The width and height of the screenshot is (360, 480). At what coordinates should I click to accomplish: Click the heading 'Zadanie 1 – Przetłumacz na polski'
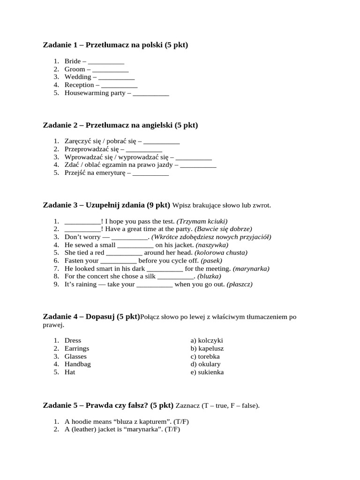point(115,45)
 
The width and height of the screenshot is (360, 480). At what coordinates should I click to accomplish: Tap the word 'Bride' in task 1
point(73,61)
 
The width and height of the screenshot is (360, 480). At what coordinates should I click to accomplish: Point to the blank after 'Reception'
point(119,85)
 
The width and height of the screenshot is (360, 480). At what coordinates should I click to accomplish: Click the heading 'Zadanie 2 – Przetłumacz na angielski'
point(120,125)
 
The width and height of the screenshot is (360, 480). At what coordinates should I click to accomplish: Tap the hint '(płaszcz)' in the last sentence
point(240,285)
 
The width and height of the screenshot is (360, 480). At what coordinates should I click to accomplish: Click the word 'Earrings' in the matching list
point(77,348)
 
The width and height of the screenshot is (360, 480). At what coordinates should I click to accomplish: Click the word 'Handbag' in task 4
point(78,364)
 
